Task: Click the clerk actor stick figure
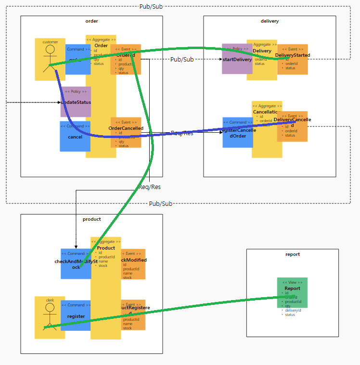click(50, 317)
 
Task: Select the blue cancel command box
click(75, 137)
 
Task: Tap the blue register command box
click(76, 316)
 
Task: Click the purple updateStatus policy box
click(76, 102)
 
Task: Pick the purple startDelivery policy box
click(236, 59)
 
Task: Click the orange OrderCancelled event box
click(126, 133)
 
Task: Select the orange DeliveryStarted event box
click(293, 60)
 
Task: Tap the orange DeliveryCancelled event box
click(292, 126)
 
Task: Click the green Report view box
click(292, 292)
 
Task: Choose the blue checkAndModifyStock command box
click(76, 264)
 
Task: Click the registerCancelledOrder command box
click(237, 133)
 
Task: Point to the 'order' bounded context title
click(91, 21)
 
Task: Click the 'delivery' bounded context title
click(270, 21)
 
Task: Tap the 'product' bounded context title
click(91, 219)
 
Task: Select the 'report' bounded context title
click(292, 254)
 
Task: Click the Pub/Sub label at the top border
click(151, 6)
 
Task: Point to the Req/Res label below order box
click(150, 187)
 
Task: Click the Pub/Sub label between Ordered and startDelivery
click(182, 59)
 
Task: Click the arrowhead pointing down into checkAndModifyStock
click(76, 246)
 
